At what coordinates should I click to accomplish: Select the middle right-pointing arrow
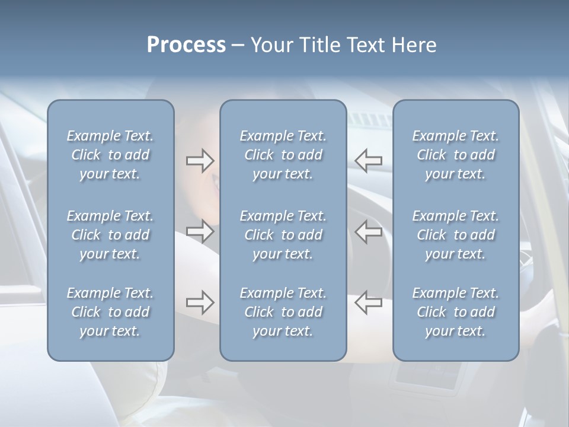pyautogui.click(x=200, y=231)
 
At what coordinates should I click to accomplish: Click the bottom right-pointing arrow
pyautogui.click(x=200, y=302)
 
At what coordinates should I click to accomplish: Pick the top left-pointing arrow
pyautogui.click(x=369, y=160)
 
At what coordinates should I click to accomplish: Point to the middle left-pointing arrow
pyautogui.click(x=369, y=231)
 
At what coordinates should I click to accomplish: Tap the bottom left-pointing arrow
pyautogui.click(x=369, y=302)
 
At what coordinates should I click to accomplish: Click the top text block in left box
pyautogui.click(x=110, y=155)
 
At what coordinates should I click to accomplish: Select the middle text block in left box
pyautogui.click(x=110, y=235)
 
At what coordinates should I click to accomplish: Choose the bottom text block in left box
pyautogui.click(x=110, y=312)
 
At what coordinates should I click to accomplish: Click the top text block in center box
pyautogui.click(x=283, y=155)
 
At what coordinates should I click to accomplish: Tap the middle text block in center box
pyautogui.click(x=283, y=235)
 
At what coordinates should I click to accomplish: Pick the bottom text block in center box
pyautogui.click(x=283, y=312)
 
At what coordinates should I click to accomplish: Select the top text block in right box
pyautogui.click(x=455, y=155)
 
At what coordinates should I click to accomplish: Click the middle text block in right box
pyautogui.click(x=455, y=235)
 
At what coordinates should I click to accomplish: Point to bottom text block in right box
pyautogui.click(x=455, y=312)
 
